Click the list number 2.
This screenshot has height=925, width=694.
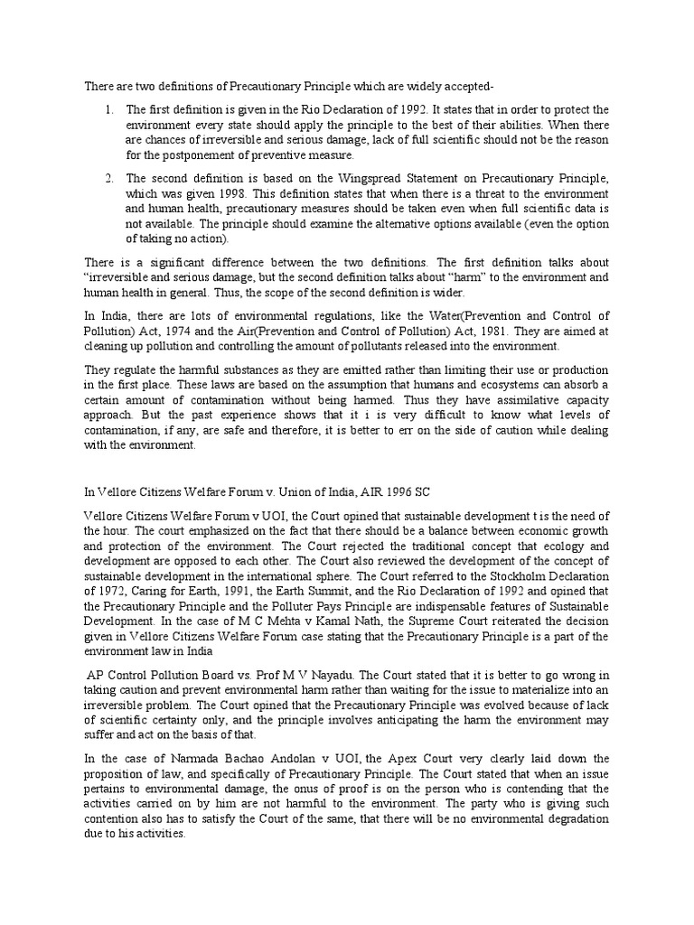pos(108,180)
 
